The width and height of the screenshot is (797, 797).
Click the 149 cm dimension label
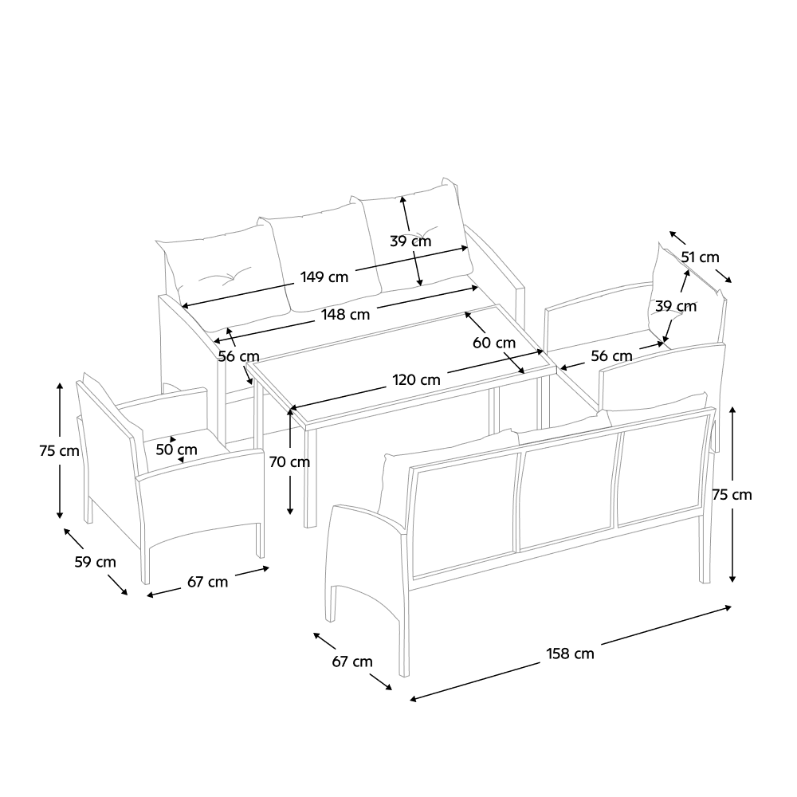coord(324,277)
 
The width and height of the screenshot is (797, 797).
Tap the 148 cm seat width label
coord(346,315)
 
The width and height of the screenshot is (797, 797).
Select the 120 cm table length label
coord(416,379)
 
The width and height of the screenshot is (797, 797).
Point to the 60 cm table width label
coord(494,343)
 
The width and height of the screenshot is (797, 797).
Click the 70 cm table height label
coord(289,462)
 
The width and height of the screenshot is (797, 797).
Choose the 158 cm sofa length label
coord(571,654)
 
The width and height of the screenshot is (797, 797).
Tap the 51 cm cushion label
coord(700,257)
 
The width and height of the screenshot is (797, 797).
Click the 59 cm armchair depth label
coord(96,562)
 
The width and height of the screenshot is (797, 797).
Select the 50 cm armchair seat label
coord(176,450)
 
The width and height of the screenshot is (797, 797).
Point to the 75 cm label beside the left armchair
coord(60,451)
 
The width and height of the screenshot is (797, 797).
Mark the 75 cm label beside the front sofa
coord(732,495)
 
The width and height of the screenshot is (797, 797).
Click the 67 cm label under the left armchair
coord(207,582)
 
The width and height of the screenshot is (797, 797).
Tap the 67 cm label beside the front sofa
coord(352,662)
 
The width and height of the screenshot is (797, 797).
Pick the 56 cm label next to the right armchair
coord(612,355)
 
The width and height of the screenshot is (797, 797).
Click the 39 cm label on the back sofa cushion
coord(410,241)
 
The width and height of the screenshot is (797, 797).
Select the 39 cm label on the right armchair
coord(676,307)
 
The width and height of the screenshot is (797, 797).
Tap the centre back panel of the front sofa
coord(568,492)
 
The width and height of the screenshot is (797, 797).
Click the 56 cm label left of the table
coord(239,357)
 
